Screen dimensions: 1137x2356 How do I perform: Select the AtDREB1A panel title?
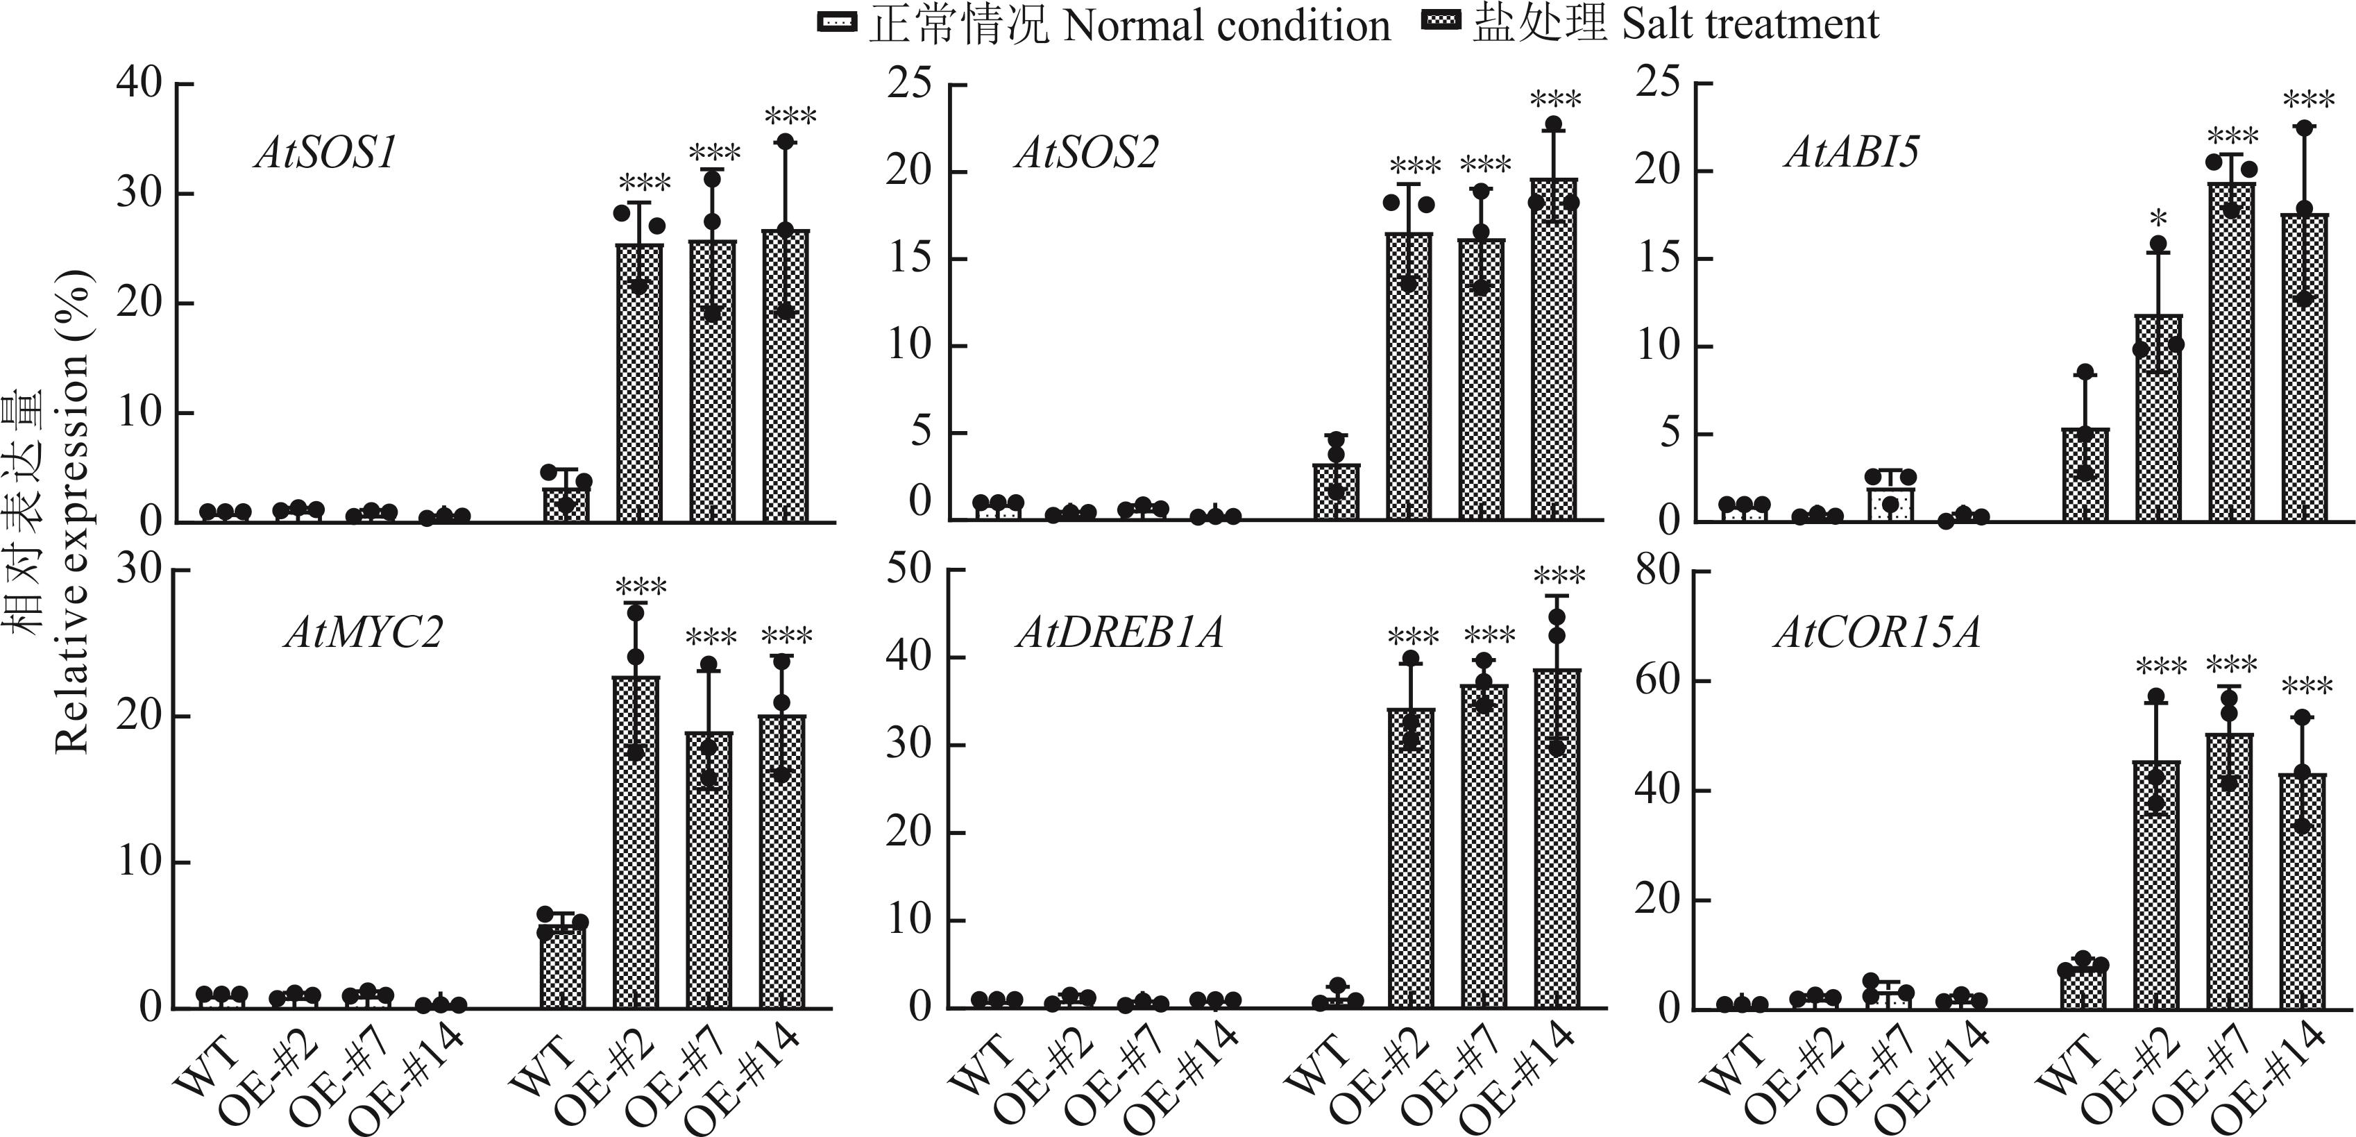(x=1119, y=633)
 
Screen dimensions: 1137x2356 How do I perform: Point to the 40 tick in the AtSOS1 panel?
(x=138, y=84)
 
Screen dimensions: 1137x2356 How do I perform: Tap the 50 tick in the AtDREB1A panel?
(x=908, y=570)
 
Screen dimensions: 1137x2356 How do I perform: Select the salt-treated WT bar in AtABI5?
(x=2085, y=475)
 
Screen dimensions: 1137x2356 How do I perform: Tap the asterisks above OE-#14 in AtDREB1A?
(x=1559, y=576)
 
